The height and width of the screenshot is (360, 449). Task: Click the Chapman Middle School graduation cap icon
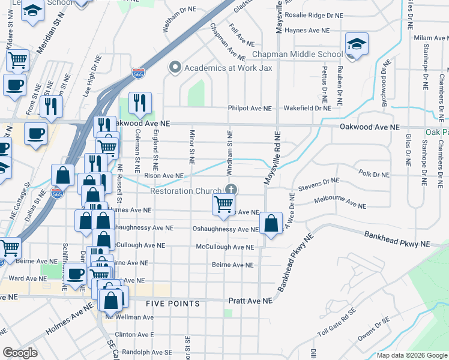357,44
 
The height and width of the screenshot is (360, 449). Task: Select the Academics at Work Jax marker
175,67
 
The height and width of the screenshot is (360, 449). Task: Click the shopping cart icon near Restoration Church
223,205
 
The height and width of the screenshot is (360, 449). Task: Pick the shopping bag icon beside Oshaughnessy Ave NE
271,224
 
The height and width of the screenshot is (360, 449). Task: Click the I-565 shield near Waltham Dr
137,73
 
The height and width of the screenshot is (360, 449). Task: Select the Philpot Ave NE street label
249,109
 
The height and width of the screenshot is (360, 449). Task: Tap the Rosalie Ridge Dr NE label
315,15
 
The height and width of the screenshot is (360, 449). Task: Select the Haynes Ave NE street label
307,30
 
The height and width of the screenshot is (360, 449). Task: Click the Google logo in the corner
20,353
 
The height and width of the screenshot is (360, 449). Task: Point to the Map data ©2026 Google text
411,355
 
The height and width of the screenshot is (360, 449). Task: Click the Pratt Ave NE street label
250,300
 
